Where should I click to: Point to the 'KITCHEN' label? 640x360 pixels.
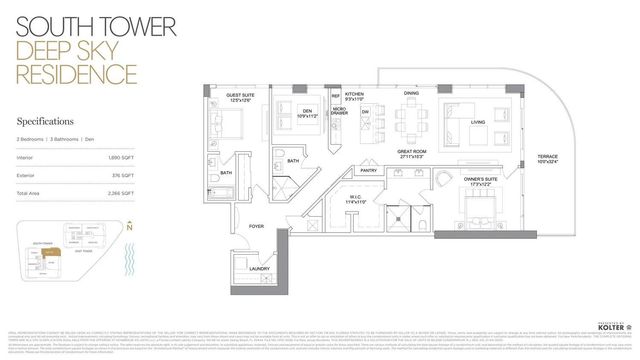[356, 94]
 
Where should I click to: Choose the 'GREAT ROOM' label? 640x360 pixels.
[412, 154]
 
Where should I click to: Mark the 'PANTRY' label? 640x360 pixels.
[368, 172]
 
